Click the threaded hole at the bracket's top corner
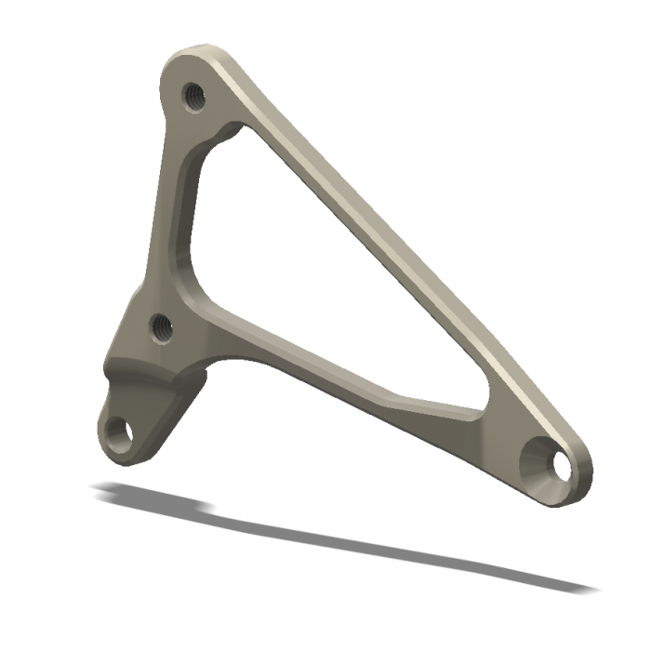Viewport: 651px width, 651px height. coord(194,94)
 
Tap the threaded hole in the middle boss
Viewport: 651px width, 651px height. coord(162,325)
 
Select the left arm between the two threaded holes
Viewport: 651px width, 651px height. coord(167,214)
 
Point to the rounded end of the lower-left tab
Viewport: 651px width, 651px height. coord(112,454)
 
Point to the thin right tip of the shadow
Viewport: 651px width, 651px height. coord(586,587)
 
